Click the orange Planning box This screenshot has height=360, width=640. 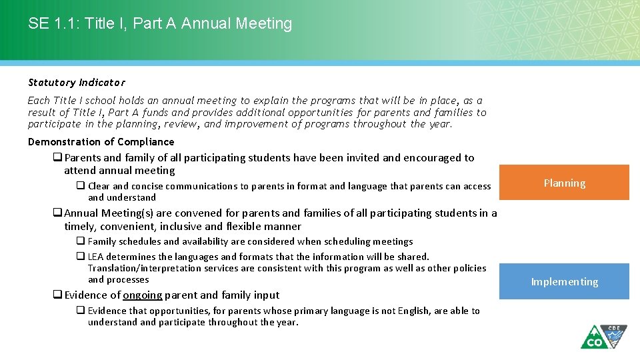click(x=564, y=183)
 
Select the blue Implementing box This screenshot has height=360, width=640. click(x=564, y=281)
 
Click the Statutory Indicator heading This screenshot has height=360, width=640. click(x=76, y=83)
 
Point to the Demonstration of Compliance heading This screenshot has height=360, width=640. click(x=101, y=141)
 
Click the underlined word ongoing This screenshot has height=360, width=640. click(x=143, y=295)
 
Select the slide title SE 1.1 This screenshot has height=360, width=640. click(x=160, y=23)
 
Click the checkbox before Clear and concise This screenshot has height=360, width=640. click(x=80, y=187)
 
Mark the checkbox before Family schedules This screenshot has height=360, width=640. click(x=80, y=241)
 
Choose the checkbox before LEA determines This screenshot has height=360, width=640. click(x=80, y=257)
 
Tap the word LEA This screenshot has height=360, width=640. click(x=97, y=257)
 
